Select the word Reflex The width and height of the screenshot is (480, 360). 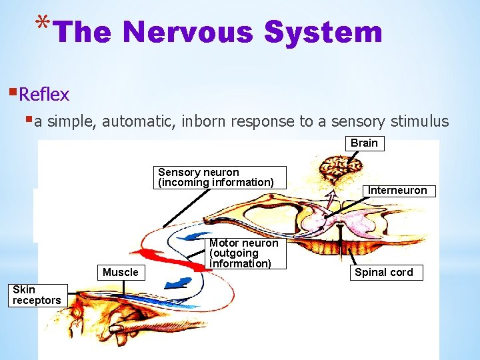[x=44, y=95]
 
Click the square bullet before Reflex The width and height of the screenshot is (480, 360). [x=13, y=92]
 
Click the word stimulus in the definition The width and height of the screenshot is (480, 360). [x=419, y=122]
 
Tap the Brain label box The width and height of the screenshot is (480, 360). [x=364, y=143]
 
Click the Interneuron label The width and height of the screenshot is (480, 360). [x=397, y=190]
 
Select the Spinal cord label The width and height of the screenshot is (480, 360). [x=384, y=272]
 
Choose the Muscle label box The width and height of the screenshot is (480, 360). [x=121, y=272]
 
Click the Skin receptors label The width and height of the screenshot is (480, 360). [x=37, y=295]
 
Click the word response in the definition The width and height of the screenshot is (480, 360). [x=263, y=122]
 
